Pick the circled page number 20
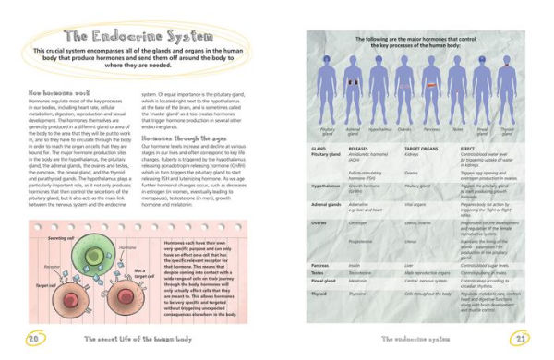pos(30,338)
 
